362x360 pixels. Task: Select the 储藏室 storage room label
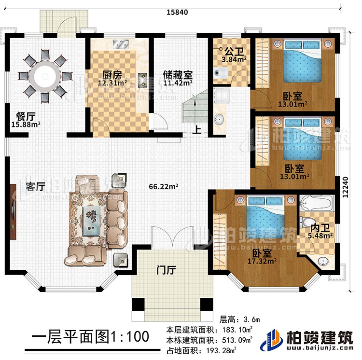click(178, 76)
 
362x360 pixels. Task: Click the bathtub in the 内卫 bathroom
click(315, 203)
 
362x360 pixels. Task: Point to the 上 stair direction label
click(198, 129)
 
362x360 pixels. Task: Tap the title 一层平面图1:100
click(91, 336)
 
